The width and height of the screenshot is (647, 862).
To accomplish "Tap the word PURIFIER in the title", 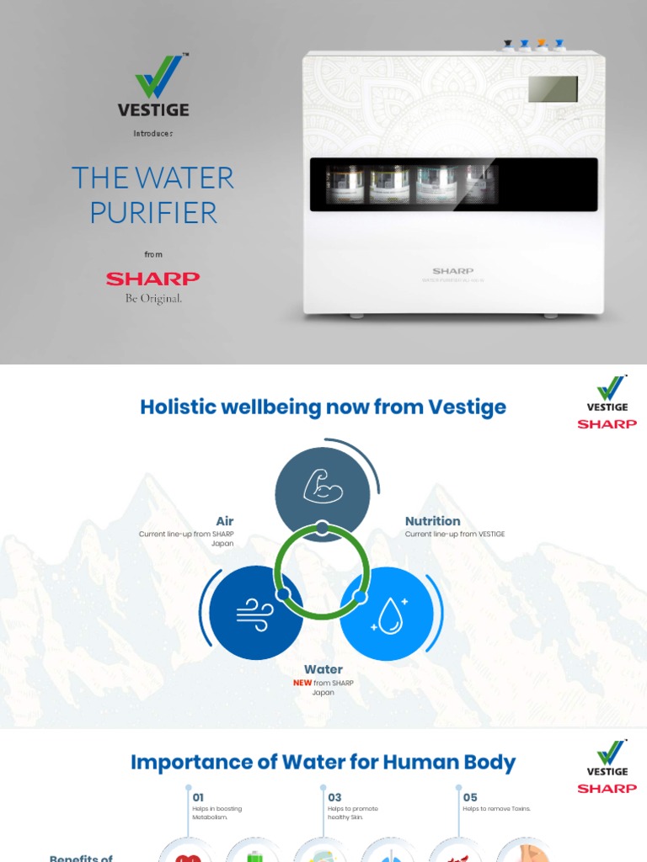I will tap(153, 212).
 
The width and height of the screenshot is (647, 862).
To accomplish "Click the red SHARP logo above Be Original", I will tap(152, 279).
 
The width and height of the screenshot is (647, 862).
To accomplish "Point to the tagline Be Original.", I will tap(153, 298).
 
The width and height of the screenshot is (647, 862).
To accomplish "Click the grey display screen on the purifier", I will tap(553, 88).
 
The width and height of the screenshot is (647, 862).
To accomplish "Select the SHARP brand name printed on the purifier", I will tap(452, 271).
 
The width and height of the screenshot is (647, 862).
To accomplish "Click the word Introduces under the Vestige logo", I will tap(153, 134).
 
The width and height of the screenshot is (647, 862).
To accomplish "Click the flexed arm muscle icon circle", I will tap(323, 485).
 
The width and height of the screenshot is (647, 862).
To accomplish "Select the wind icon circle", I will tap(255, 612).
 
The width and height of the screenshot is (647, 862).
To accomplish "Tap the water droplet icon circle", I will tap(388, 614).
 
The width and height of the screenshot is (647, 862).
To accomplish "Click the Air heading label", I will tap(224, 522).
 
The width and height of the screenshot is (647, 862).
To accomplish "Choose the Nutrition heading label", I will tap(432, 522).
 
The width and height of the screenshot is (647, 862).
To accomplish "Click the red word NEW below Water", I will tap(302, 683).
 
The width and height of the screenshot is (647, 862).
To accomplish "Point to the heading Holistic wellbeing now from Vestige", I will tap(323, 407).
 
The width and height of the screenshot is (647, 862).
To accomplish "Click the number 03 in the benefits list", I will tap(334, 797).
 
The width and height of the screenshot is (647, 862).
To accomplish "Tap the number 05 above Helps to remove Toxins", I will tap(469, 797).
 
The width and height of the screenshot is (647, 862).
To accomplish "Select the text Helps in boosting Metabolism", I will tap(211, 812).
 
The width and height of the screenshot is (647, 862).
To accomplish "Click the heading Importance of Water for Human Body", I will tap(323, 763).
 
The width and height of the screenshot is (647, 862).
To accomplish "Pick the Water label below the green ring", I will tap(323, 670).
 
